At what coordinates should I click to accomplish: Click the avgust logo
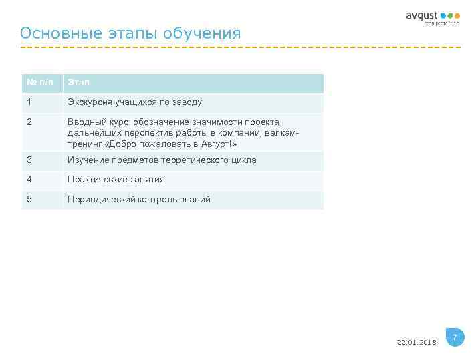433,17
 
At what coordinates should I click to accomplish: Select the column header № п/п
41,83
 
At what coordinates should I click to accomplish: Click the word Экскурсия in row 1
90,102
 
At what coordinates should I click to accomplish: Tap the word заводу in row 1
187,102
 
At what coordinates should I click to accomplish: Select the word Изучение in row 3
88,160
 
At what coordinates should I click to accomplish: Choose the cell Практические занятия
116,180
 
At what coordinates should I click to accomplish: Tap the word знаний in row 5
195,199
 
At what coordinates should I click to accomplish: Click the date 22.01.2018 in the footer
416,342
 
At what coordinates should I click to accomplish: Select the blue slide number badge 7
455,337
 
